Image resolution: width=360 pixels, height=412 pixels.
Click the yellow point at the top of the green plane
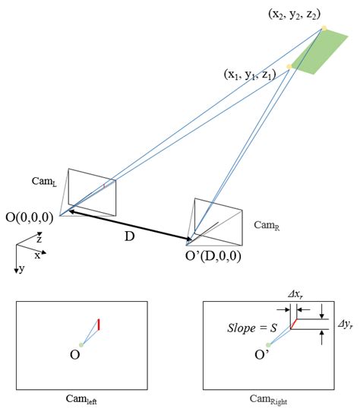click(324, 29)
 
